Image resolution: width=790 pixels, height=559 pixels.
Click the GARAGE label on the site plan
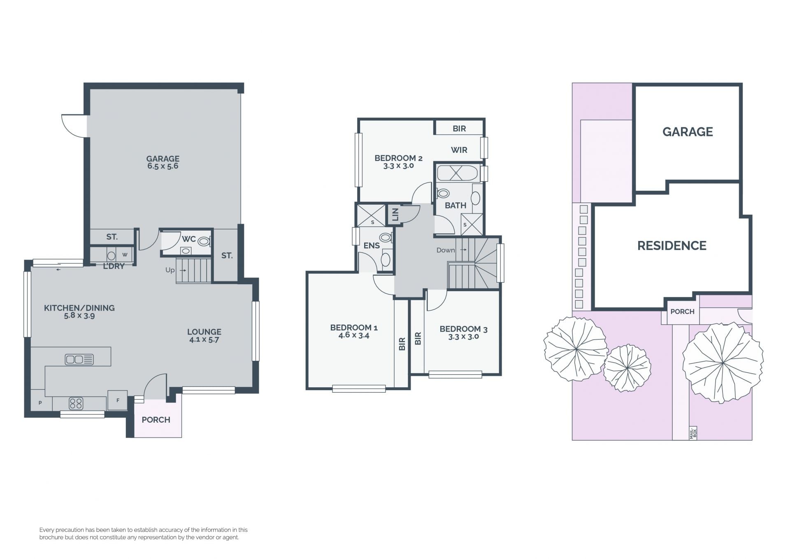point(688,132)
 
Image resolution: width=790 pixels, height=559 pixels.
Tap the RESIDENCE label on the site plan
point(672,246)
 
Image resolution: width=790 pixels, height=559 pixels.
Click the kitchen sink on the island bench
point(79,360)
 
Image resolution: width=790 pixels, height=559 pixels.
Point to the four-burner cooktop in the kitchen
point(76,403)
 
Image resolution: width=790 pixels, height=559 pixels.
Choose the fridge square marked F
point(118,400)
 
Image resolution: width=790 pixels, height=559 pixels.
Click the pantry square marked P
point(40,402)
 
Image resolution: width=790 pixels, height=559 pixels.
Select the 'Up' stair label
point(170,270)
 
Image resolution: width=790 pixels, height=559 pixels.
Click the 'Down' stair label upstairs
point(446,250)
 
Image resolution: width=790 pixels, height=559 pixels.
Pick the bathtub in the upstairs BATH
point(458,173)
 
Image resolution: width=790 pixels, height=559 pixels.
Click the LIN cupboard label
point(395,214)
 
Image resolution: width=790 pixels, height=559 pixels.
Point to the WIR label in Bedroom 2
point(459,150)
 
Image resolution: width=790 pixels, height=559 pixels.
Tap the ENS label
point(372,246)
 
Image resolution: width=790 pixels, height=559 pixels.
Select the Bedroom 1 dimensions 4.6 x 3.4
point(354,335)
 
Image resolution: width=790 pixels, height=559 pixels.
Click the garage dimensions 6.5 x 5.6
point(163,166)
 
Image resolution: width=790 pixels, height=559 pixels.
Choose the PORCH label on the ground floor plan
point(156,420)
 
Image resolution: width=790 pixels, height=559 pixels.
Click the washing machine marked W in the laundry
point(125,255)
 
